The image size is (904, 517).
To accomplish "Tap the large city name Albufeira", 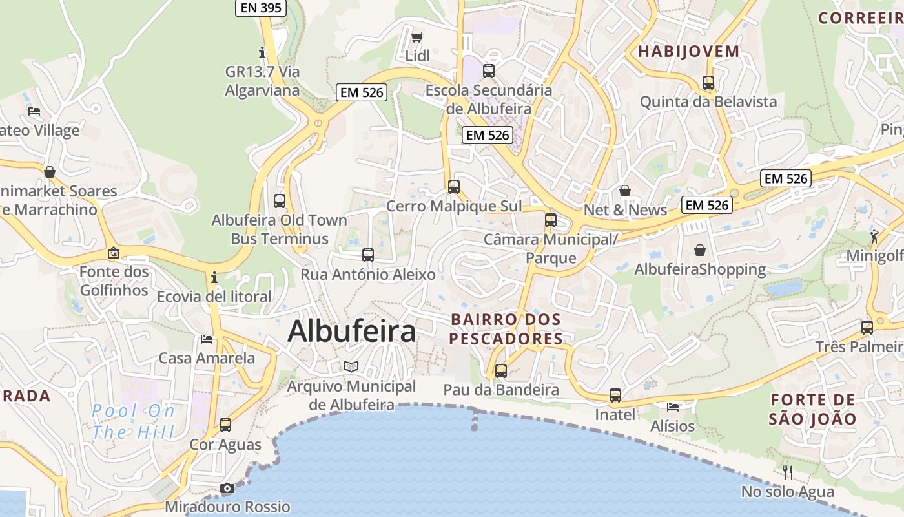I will pos(351,332).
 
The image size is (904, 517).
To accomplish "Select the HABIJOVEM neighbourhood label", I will pos(689,52).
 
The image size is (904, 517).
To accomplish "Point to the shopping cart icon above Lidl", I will pos(417,37).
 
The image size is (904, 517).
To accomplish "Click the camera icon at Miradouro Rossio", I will pos(227,488).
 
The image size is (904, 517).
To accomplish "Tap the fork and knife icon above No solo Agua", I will pos(788,472).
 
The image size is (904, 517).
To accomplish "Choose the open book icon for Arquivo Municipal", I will pos(351,367).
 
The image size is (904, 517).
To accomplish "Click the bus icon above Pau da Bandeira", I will pos(501,371).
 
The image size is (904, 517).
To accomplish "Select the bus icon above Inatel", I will pos(615,396).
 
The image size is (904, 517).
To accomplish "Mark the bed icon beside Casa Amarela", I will pos(207,339).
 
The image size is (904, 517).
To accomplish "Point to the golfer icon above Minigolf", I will pos(874,237).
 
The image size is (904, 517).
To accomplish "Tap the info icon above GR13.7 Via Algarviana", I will pos(262,52).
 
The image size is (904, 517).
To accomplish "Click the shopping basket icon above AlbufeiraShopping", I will pos(700,250).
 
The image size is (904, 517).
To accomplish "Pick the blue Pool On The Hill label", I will pos(133,421).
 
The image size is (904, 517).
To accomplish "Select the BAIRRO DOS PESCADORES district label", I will pos(506,329).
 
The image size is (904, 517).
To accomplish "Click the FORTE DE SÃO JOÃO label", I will pos(813,409).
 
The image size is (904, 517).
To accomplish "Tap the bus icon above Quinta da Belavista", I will pos(708,83).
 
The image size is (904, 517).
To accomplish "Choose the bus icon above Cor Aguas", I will pos(225,425).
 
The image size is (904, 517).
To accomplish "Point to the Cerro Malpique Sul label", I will pos(454,206).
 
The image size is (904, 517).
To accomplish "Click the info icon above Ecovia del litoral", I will pos(214,278).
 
